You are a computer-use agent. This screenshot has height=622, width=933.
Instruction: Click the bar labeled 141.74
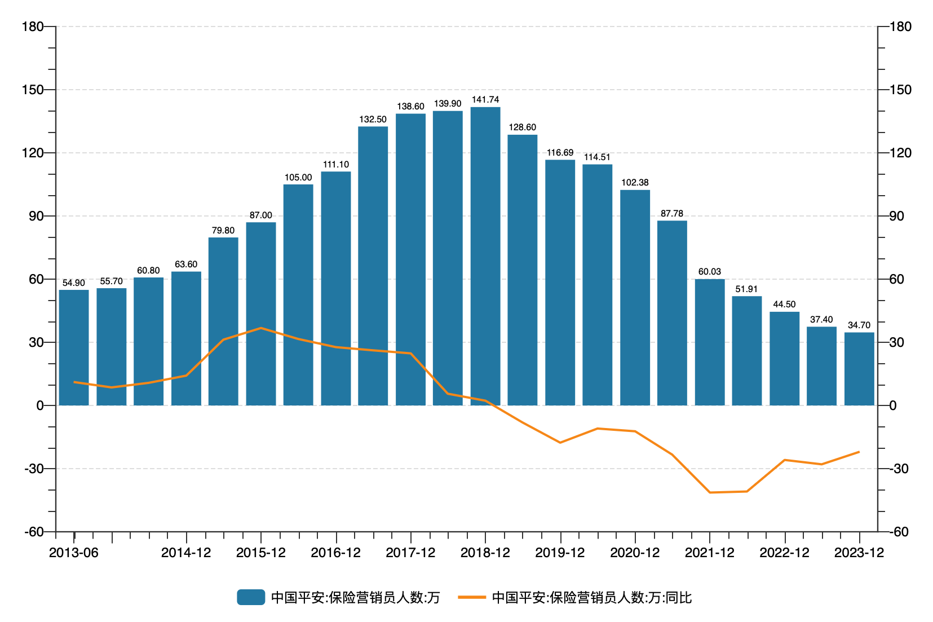point(485,256)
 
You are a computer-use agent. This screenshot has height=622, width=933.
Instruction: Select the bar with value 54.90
point(74,347)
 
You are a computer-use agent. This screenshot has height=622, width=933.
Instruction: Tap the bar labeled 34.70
point(859,369)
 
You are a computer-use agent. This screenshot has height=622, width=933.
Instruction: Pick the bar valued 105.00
point(298,294)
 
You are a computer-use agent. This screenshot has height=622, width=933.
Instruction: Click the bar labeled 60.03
point(710,342)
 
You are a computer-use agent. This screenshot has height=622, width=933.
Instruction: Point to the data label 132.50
point(373,120)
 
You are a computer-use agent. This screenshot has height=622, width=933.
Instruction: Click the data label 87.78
point(672,214)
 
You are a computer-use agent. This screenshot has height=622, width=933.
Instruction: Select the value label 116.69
point(560,153)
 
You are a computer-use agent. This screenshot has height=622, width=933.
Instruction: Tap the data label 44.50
point(784,305)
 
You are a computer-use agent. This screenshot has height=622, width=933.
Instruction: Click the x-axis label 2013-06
point(74,553)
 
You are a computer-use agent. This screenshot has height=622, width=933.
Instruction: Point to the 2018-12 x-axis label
point(485,553)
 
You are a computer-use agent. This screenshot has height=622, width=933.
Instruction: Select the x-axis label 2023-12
point(859,553)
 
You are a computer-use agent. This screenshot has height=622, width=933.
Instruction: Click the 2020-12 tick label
point(635,553)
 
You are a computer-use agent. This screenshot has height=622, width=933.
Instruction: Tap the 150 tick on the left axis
point(32,90)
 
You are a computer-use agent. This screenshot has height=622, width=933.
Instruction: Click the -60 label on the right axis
point(899,532)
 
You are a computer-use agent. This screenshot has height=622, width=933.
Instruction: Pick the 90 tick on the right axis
point(896,216)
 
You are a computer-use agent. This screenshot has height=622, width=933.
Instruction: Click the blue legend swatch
point(251,597)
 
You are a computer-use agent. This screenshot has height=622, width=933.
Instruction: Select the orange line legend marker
point(472,597)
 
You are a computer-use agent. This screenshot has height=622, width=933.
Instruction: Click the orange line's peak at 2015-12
point(261,328)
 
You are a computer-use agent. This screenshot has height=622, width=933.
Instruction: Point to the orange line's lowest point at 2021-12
point(710,492)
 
